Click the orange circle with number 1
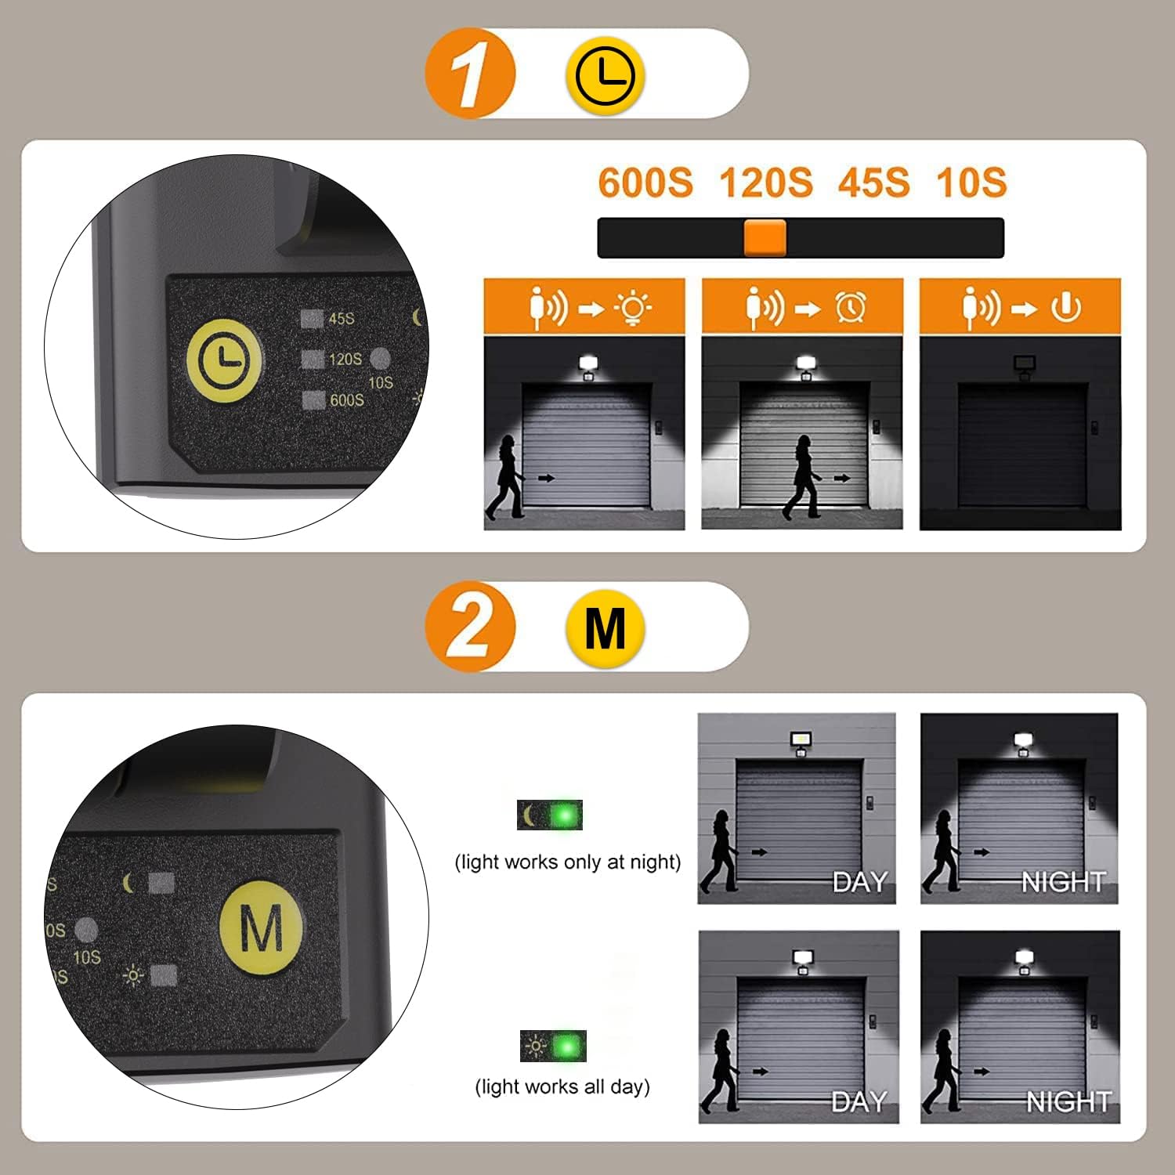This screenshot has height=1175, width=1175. [470, 74]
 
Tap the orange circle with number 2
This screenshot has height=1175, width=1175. [470, 627]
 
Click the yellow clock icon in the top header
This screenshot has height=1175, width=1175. [605, 75]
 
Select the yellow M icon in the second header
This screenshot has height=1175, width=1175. [605, 627]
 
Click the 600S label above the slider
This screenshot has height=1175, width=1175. [645, 183]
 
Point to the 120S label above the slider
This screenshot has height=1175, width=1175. [765, 183]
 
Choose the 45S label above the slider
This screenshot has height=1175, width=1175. [873, 183]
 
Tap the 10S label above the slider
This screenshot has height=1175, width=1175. [971, 183]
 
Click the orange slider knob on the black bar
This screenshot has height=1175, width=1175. [765, 238]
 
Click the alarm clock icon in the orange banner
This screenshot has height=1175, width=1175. [850, 308]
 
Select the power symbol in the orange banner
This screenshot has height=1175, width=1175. [1066, 308]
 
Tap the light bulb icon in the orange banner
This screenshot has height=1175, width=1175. [633, 308]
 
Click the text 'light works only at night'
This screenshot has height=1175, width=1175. [568, 862]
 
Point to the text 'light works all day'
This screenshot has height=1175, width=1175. [562, 1086]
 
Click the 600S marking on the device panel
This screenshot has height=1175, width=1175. [346, 400]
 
